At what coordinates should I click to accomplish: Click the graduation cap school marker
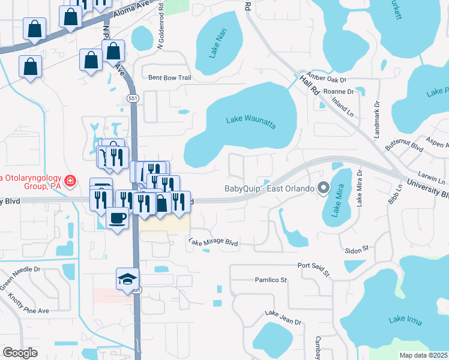click(x=127, y=278)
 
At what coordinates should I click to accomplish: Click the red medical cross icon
click(x=70, y=180)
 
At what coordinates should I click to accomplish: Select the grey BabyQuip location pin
click(x=324, y=188)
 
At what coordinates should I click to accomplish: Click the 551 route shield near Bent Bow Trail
click(x=133, y=98)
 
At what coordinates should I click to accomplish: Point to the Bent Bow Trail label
click(x=169, y=77)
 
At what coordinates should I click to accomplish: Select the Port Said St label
click(x=314, y=268)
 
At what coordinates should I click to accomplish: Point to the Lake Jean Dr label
click(x=283, y=317)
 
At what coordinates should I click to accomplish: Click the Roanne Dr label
click(x=339, y=91)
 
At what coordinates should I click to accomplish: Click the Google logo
click(x=20, y=353)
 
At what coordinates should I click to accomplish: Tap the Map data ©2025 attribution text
click(x=423, y=355)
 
